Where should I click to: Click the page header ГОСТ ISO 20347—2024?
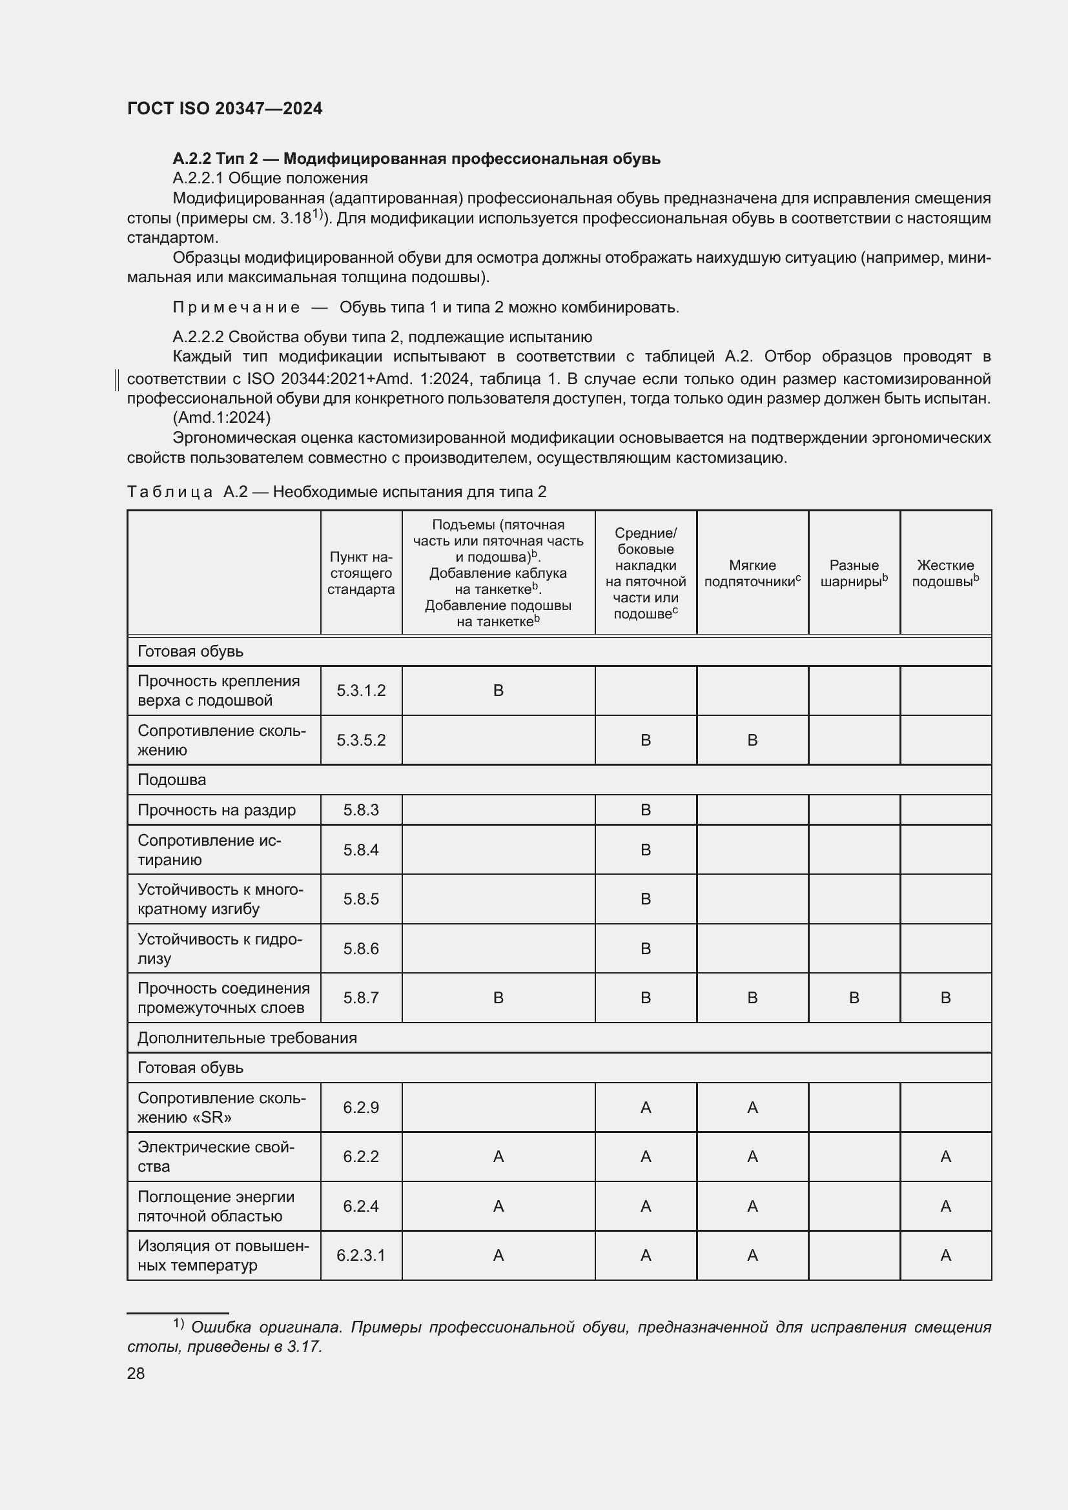[224, 108]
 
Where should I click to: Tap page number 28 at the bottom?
[136, 1373]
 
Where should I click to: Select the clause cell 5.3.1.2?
[360, 691]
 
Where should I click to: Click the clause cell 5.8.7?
[360, 997]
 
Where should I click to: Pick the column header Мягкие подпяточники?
[752, 573]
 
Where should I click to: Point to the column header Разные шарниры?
[854, 573]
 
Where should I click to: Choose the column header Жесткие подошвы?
[945, 573]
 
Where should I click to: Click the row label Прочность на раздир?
[216, 810]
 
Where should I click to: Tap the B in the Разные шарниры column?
[854, 997]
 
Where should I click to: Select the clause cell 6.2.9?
[360, 1108]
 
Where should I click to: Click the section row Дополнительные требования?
[247, 1038]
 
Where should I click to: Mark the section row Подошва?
[172, 780]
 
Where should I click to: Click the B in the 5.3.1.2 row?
[498, 691]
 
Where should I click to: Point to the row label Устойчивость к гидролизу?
[219, 948]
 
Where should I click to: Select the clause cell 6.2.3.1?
[360, 1256]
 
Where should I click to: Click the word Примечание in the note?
[236, 307]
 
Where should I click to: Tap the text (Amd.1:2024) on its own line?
[221, 418]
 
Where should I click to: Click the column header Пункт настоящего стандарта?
[360, 573]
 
